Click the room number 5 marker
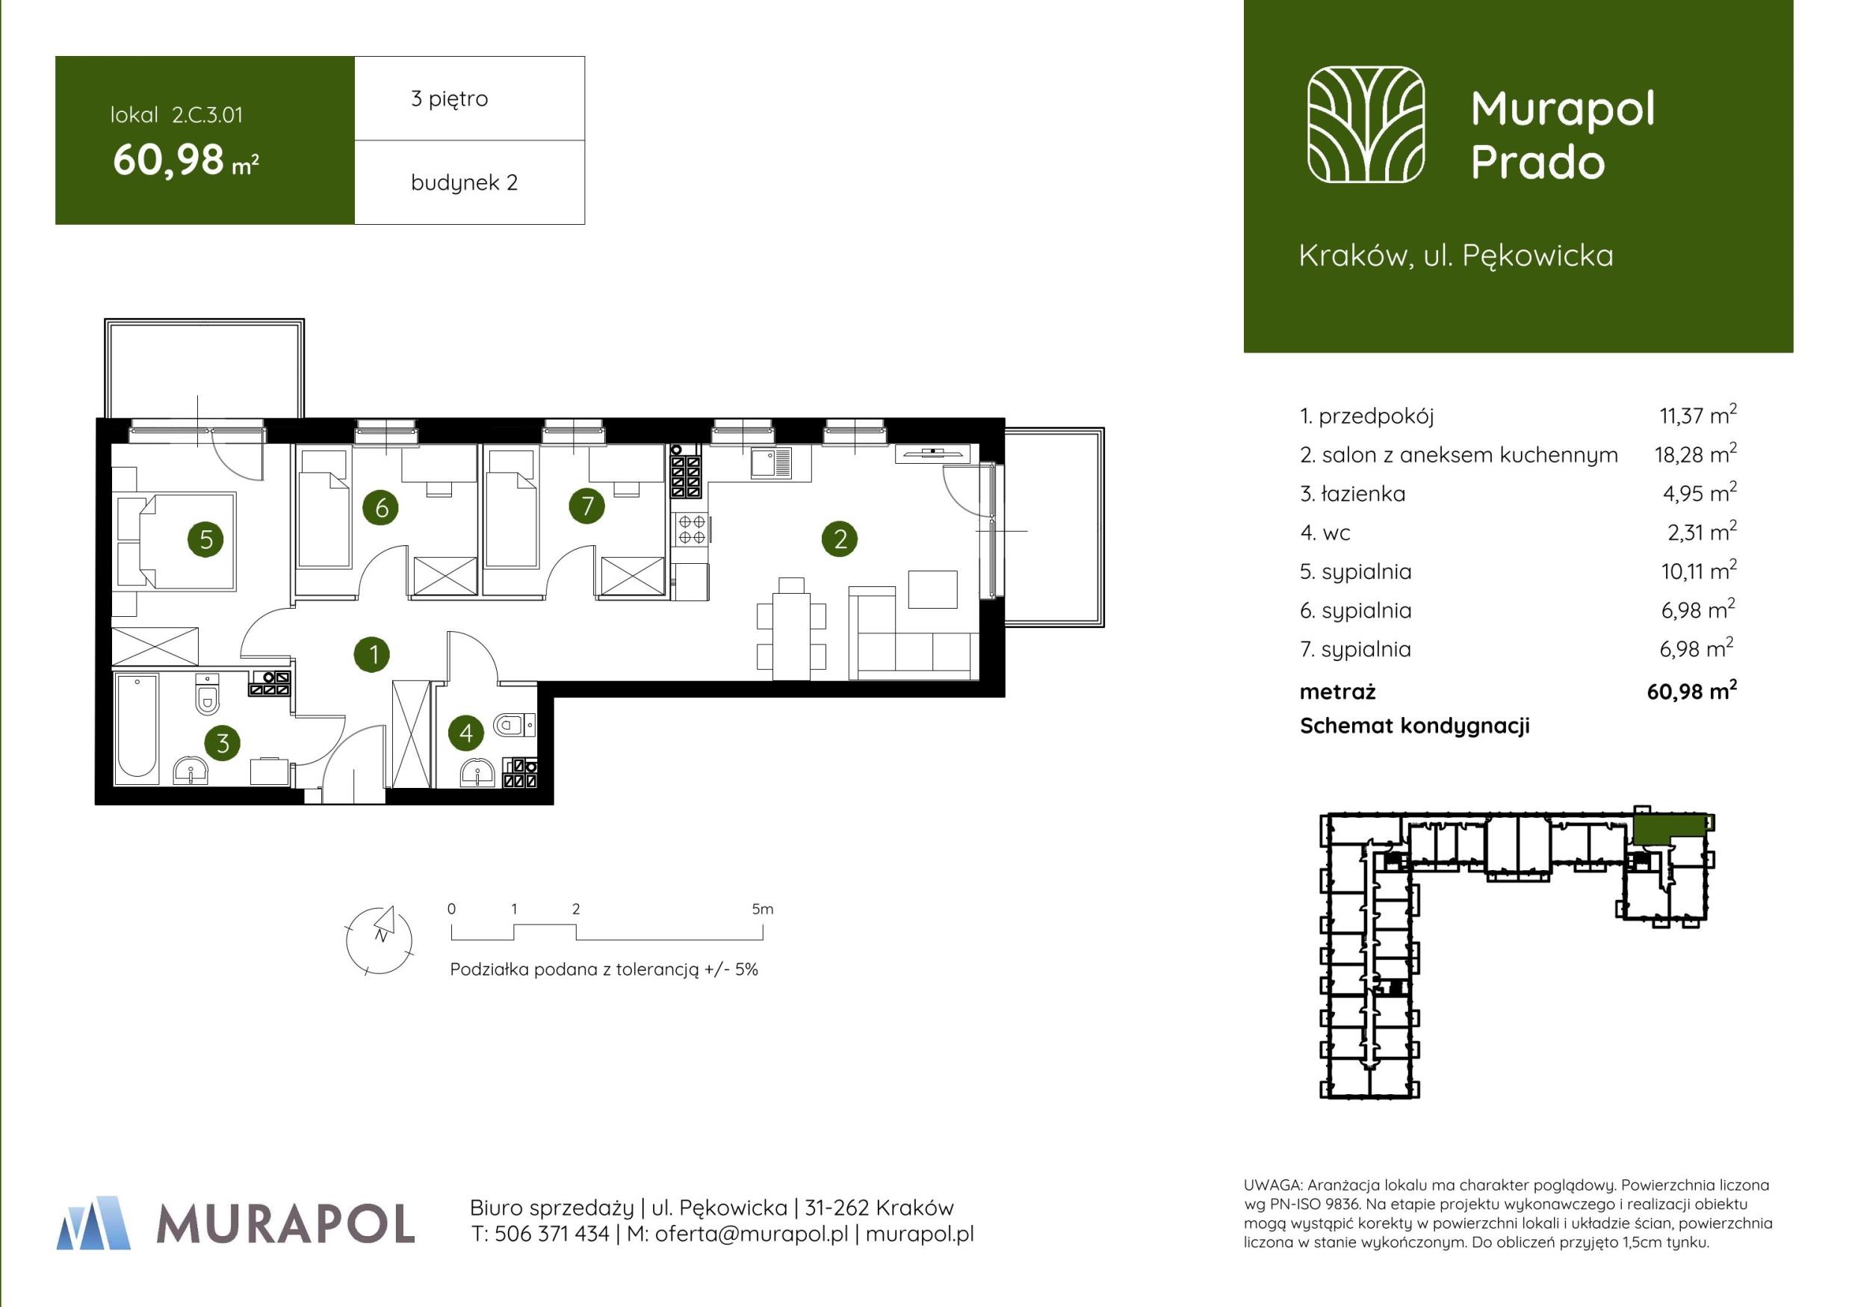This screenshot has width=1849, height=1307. tap(206, 538)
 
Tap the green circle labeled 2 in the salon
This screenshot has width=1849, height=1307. tap(840, 538)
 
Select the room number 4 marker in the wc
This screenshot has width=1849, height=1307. tap(465, 733)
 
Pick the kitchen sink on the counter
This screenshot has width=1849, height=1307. tap(772, 462)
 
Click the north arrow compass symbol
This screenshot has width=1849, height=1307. tap(380, 940)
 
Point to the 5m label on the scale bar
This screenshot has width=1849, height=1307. tap(762, 909)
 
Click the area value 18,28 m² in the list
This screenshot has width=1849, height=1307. tap(1695, 453)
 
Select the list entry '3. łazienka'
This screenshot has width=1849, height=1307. tap(1352, 494)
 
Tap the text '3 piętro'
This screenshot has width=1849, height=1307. tap(450, 99)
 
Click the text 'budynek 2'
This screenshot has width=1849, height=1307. tap(464, 183)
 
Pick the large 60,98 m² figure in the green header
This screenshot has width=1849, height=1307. tap(185, 161)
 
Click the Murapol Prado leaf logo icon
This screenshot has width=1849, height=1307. tap(1366, 124)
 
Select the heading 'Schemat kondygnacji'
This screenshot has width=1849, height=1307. tap(1415, 726)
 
